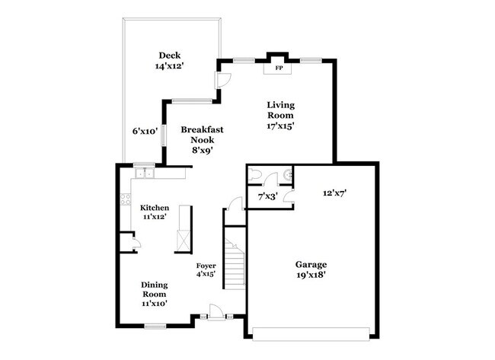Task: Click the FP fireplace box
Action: tap(279, 68)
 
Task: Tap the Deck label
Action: tap(169, 55)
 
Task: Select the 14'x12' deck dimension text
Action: tap(169, 66)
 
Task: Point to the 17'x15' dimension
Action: tap(280, 126)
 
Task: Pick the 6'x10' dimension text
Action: tap(145, 131)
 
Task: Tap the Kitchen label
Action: tap(154, 208)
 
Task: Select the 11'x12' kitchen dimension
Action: tap(154, 218)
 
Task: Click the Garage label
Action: tap(311, 265)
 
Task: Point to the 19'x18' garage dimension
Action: tap(311, 276)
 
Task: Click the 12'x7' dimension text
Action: tap(334, 194)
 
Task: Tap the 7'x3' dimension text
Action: tap(267, 197)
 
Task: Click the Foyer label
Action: tap(206, 266)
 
